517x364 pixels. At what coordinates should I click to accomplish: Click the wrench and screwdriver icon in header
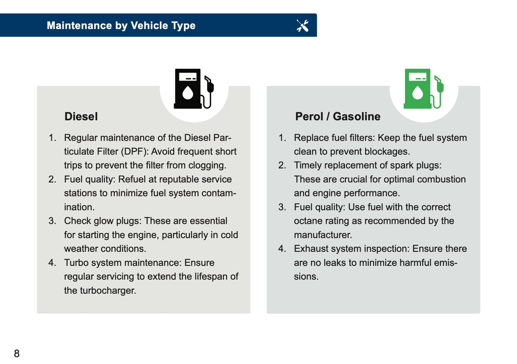tap(302, 25)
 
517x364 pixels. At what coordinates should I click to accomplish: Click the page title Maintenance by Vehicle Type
tap(121, 25)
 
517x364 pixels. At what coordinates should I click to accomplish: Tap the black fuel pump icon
tap(193, 89)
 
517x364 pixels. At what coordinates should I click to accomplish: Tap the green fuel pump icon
tap(423, 89)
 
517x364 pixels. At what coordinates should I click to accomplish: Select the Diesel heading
tap(81, 117)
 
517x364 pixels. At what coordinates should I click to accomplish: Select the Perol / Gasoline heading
tap(337, 117)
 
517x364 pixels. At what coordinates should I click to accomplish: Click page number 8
tap(17, 353)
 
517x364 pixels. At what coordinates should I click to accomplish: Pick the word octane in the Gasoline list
tap(308, 221)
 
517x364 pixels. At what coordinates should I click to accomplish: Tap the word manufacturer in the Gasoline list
tap(323, 235)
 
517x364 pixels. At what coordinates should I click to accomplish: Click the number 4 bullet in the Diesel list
tap(52, 263)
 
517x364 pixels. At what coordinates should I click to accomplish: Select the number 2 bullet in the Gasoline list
tap(282, 165)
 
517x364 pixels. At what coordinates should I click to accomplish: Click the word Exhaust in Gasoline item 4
tap(310, 249)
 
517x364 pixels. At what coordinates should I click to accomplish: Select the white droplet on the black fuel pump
tap(187, 93)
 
